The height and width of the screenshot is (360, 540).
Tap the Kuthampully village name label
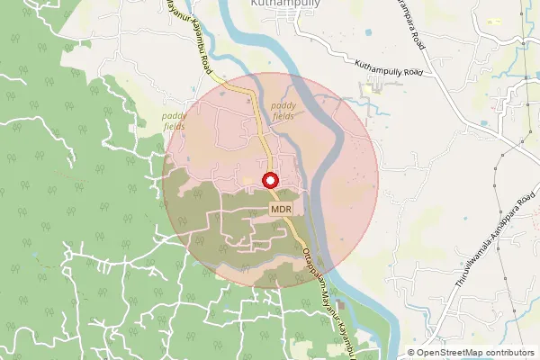(x=283, y=4)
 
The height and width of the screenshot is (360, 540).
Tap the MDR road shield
(x=282, y=209)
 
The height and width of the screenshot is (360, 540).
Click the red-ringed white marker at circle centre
(x=271, y=180)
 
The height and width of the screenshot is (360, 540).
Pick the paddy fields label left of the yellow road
(x=175, y=121)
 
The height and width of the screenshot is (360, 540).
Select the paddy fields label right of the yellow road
(x=296, y=111)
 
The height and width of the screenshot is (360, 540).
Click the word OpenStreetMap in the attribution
(x=449, y=353)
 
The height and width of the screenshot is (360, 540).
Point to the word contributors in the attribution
(x=508, y=353)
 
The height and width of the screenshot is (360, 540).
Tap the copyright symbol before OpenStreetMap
(x=411, y=353)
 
